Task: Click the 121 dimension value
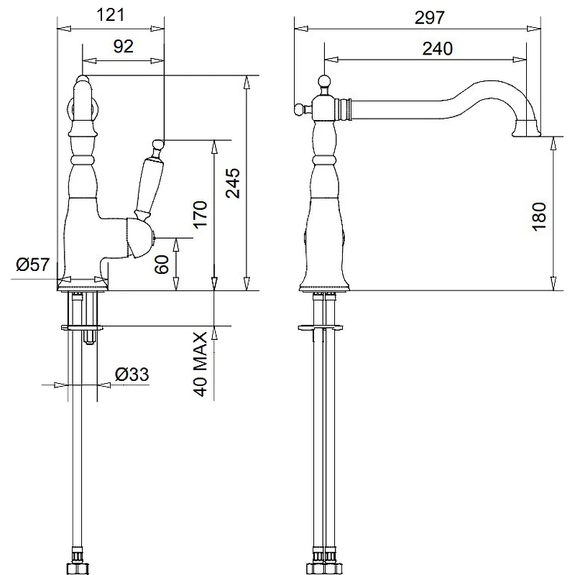pyautogui.click(x=111, y=15)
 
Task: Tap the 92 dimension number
pyautogui.click(x=123, y=47)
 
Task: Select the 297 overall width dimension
pyautogui.click(x=429, y=17)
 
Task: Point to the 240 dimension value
pyautogui.click(x=438, y=49)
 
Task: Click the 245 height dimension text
pyautogui.click(x=233, y=183)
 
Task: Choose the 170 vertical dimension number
pyautogui.click(x=201, y=214)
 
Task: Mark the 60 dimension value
pyautogui.click(x=162, y=264)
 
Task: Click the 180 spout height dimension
pyautogui.click(x=538, y=216)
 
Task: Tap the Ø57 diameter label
pyautogui.click(x=32, y=264)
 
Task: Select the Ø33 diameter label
pyautogui.click(x=132, y=374)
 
